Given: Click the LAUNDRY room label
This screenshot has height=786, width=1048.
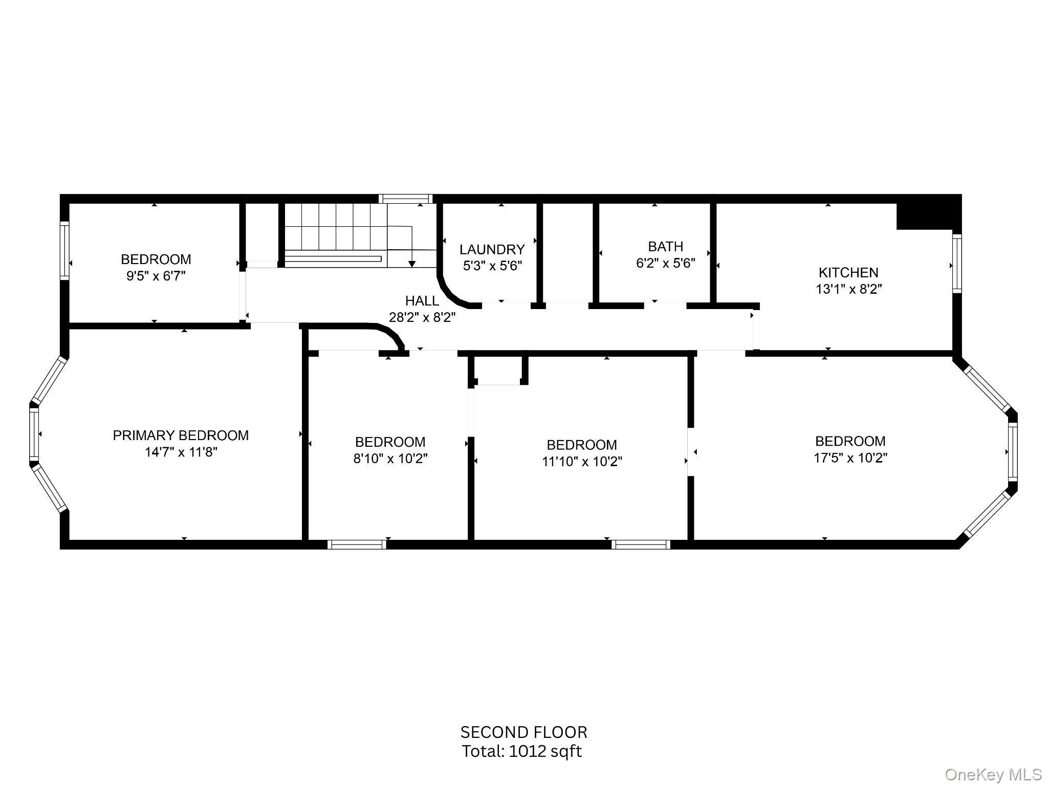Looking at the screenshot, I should [492, 249].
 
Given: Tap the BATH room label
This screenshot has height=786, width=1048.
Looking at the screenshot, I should [665, 247].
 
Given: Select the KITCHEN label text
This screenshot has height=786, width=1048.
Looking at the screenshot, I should [848, 272].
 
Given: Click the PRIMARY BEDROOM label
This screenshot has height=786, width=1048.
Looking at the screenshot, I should [181, 435].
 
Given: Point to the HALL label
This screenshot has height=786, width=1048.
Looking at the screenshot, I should [422, 301].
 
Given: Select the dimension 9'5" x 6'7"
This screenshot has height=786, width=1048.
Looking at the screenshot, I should [156, 276].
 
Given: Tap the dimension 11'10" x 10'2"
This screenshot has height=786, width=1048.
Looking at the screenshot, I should [582, 462].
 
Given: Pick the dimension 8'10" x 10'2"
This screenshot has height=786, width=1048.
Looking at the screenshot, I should [390, 458].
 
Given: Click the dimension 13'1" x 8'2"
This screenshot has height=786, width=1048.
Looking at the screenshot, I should [848, 289].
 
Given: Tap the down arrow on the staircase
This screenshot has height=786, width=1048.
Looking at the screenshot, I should [411, 263].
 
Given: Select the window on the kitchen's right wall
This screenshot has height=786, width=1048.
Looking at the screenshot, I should [956, 264].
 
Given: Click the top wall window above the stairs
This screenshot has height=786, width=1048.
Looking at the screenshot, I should [405, 199].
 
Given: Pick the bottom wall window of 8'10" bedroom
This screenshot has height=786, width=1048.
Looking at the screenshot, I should [357, 544].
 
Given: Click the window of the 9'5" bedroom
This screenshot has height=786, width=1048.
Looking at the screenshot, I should [64, 250].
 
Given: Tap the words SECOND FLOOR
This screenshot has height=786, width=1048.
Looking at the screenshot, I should [523, 732].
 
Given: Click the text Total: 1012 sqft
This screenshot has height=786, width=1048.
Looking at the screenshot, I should [522, 751].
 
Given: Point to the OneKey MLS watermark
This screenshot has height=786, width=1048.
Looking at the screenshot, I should [993, 774].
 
